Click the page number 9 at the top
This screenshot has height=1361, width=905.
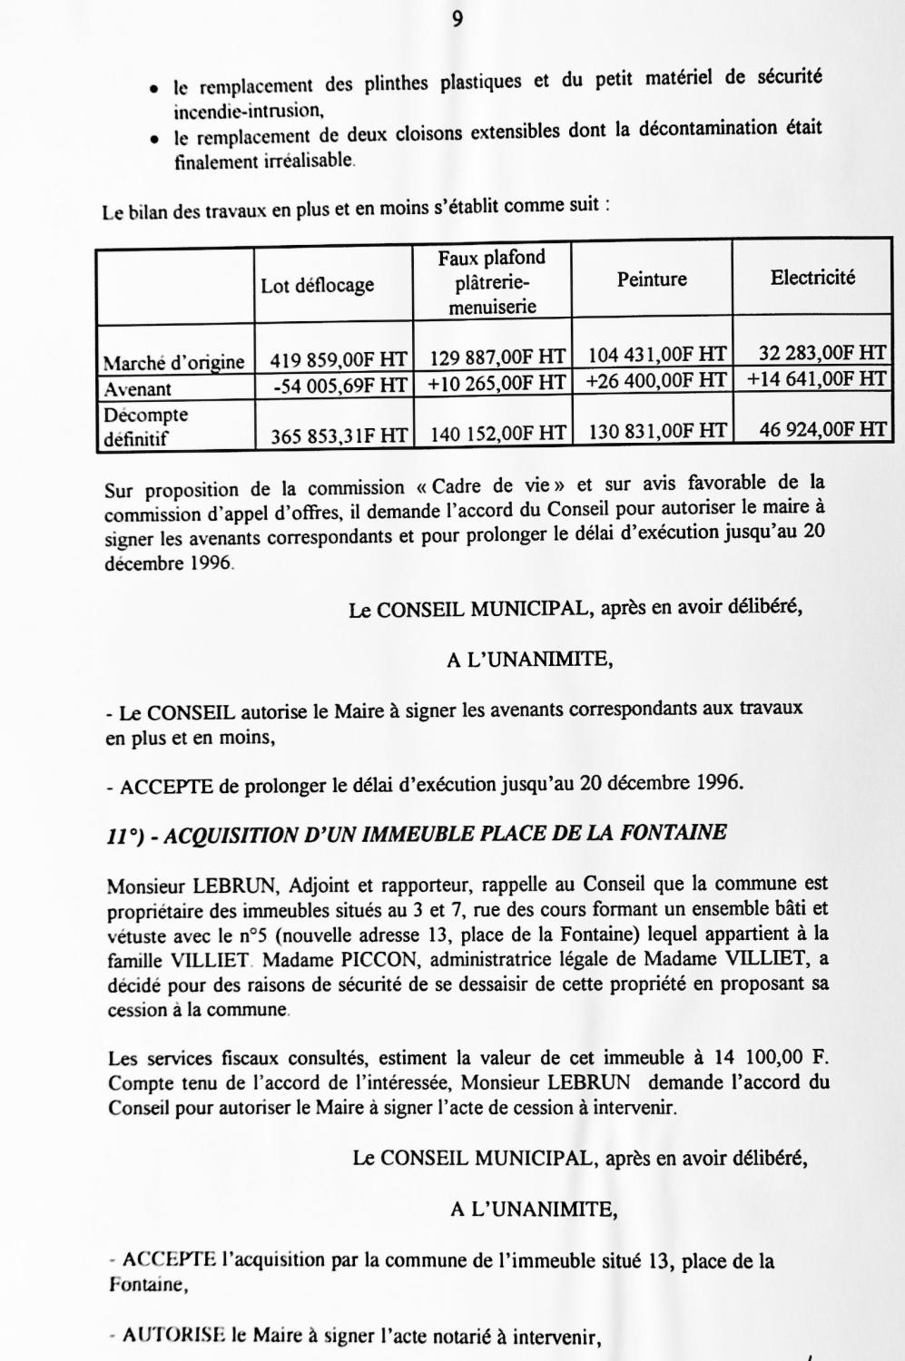click(x=456, y=20)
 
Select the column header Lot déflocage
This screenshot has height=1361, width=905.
click(x=317, y=286)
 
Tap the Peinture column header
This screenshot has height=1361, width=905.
click(x=652, y=279)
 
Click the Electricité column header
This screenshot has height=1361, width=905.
click(x=812, y=278)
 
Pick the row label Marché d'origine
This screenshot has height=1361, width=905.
click(x=173, y=363)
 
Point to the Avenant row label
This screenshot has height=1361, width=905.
click(x=138, y=389)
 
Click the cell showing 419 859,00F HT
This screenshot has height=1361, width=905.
click(x=338, y=360)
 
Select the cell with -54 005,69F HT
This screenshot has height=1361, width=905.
click(x=340, y=386)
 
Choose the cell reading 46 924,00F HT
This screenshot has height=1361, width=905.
click(x=822, y=429)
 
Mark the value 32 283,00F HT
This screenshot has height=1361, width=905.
click(x=822, y=353)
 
